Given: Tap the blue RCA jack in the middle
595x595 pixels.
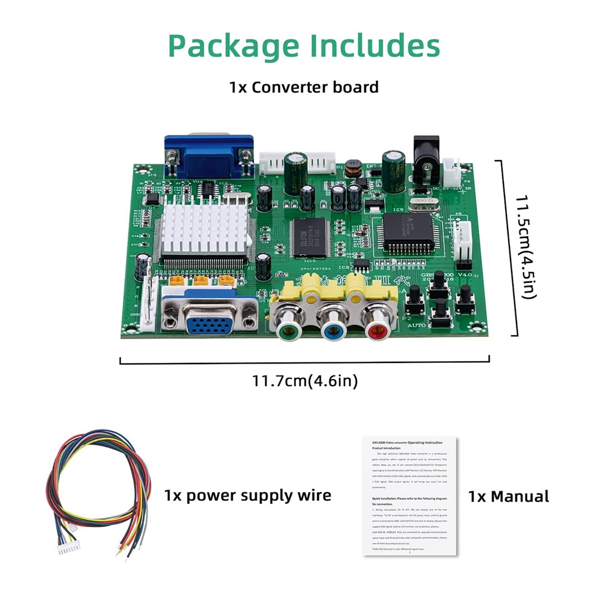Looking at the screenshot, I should pos(330,327).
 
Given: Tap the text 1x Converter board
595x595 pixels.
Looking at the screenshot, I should pos(304,87).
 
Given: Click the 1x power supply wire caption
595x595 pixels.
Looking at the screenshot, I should pos(248,495).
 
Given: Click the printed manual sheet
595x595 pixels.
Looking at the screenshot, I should pos(409,496).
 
